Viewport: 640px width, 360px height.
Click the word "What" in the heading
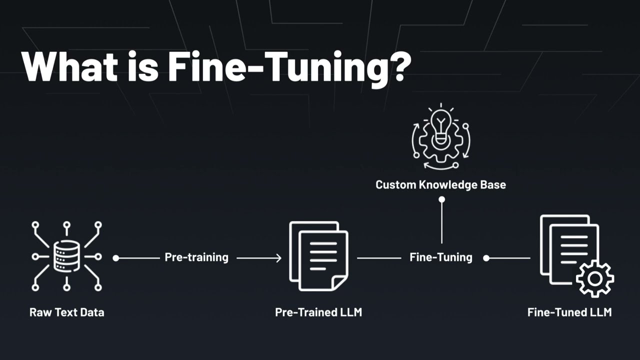(69, 66)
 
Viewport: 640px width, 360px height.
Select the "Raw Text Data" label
(67, 312)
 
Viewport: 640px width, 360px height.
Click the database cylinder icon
(66, 255)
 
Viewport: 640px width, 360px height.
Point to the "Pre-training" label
(196, 257)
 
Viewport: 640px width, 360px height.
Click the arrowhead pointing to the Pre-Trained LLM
(278, 258)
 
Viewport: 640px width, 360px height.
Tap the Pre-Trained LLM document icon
(318, 256)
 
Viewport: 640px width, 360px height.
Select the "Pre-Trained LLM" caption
(318, 312)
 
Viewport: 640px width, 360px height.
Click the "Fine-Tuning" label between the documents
(441, 257)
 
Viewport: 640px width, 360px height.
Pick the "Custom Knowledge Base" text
(441, 185)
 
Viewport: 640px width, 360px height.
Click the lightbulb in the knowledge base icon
(441, 127)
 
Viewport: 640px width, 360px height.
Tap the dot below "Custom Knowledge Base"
(441, 199)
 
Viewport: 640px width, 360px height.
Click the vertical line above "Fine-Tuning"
(441, 223)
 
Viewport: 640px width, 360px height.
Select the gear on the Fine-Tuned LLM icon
(595, 279)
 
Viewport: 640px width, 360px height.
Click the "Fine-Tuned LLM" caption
(569, 312)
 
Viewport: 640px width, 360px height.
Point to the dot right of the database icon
(115, 258)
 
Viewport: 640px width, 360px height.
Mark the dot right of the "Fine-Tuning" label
(486, 258)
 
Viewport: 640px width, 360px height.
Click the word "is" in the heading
(143, 66)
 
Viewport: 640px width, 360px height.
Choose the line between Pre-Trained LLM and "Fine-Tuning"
(379, 258)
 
